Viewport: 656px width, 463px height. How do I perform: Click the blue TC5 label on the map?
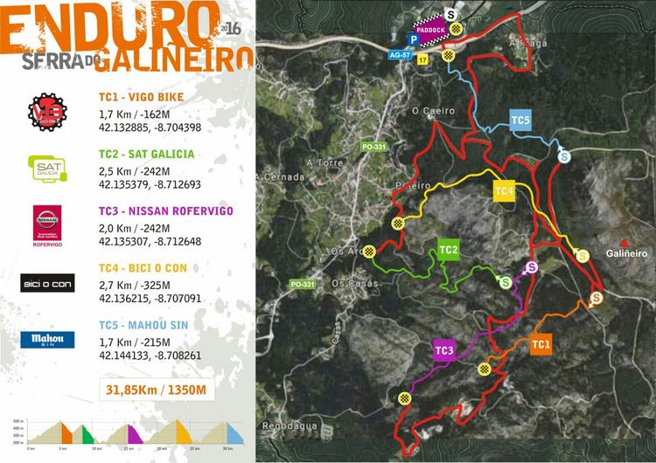point(521,121)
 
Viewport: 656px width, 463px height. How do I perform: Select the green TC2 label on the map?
point(449,251)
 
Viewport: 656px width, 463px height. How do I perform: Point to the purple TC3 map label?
point(444,351)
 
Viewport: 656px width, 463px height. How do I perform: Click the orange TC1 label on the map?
point(541,344)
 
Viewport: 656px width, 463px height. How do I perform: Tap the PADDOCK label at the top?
point(431,30)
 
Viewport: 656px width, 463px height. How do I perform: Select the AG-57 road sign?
point(401,55)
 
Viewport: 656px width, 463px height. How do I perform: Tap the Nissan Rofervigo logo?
point(47,224)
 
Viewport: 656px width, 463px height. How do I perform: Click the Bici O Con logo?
point(47,282)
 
